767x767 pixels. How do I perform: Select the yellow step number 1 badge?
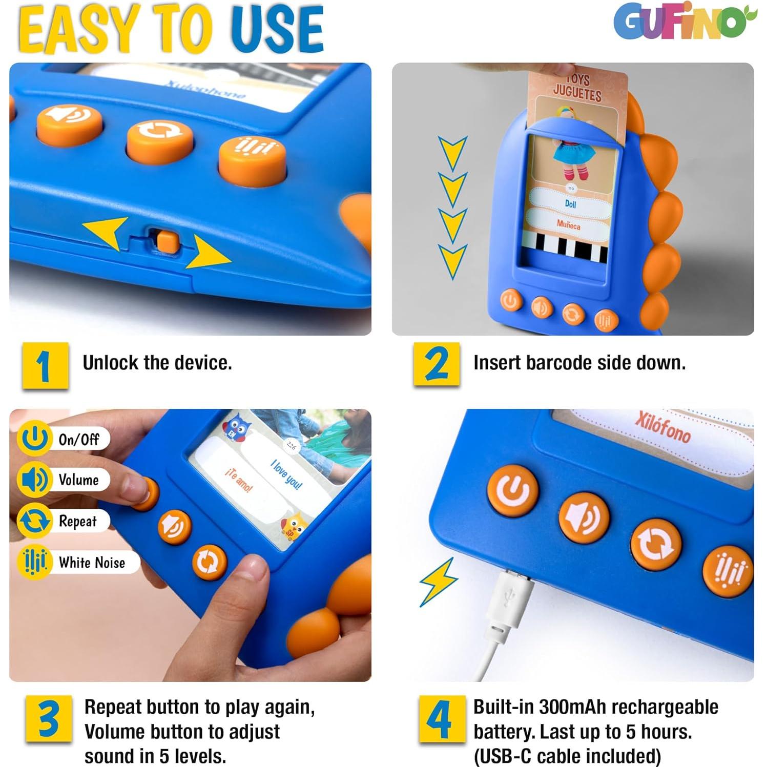(45, 365)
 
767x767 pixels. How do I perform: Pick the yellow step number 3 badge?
(49, 718)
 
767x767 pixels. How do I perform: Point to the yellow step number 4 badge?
(442, 718)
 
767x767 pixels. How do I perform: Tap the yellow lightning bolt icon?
(438, 582)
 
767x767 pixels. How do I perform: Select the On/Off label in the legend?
(78, 440)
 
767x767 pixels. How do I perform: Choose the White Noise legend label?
(92, 563)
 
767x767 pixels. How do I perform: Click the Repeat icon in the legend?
(34, 521)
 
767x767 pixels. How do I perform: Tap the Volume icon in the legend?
(34, 480)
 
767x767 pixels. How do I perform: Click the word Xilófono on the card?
(662, 426)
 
